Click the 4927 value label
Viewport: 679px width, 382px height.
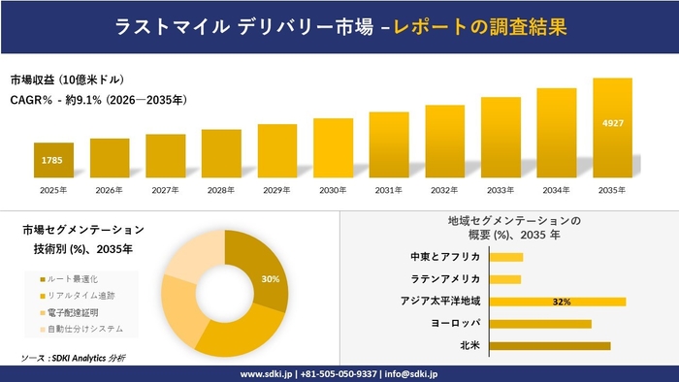[x=612, y=123]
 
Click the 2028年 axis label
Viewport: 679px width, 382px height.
[x=221, y=190]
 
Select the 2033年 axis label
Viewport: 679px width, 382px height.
[x=501, y=190]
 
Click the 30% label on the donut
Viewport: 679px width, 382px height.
[x=271, y=279]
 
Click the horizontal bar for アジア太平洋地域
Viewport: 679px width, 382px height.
[x=558, y=302]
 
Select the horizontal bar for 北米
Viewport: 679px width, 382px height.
[x=550, y=345]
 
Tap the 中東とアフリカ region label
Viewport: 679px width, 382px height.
[x=445, y=257]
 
